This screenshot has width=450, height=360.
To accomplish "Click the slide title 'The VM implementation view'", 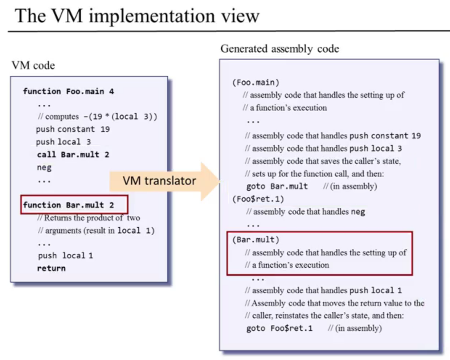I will click(x=137, y=16).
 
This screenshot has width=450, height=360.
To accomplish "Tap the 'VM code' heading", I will click(x=33, y=66).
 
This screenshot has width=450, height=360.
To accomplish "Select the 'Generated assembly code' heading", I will click(x=279, y=49).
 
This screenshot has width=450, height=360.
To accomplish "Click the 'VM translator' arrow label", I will click(x=159, y=181).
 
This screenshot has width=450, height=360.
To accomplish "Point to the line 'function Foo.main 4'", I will click(x=68, y=91).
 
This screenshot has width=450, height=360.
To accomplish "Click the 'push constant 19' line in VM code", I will click(x=73, y=129).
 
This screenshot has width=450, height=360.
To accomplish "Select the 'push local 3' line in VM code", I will click(x=63, y=142).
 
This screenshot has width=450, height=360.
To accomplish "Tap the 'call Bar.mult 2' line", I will click(x=73, y=154).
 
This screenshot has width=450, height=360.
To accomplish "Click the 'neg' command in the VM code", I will click(x=44, y=167).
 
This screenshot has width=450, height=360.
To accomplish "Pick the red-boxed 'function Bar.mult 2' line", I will click(x=69, y=205).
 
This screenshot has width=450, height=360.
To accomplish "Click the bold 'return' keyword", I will click(x=51, y=268).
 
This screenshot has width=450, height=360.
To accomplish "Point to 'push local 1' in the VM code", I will click(x=65, y=256).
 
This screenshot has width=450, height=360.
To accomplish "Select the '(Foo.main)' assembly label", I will click(x=256, y=82).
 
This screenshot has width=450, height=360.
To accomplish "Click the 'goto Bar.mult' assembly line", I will click(x=277, y=186).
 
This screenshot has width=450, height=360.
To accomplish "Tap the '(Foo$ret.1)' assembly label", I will click(x=258, y=199).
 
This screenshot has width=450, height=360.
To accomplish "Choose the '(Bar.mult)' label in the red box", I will click(x=256, y=240).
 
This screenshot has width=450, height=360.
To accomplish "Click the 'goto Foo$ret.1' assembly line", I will click(x=279, y=328).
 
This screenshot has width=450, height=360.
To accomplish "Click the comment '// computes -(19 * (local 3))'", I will click(x=97, y=116).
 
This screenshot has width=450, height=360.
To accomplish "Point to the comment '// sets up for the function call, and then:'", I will click(x=314, y=174).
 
